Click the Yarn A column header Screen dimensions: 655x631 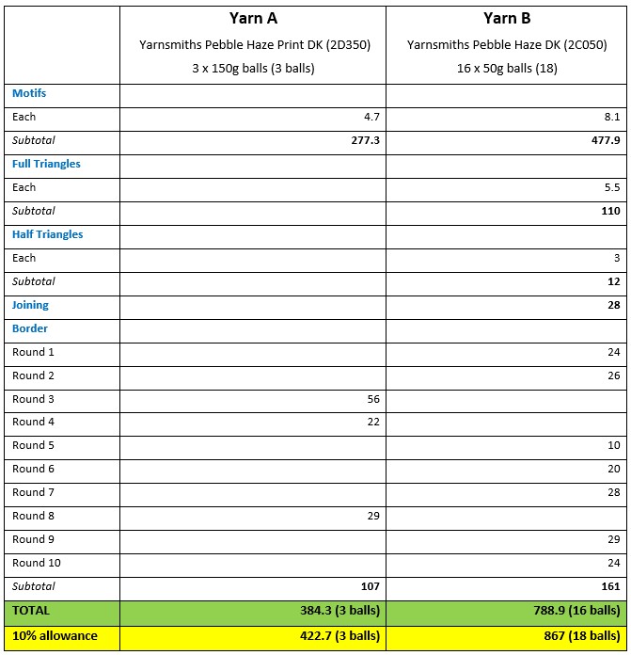(252, 18)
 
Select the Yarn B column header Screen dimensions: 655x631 (506, 18)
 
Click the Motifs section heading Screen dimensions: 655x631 (29, 93)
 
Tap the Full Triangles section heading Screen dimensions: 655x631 (46, 164)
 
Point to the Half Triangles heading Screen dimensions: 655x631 (47, 234)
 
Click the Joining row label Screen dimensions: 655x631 (30, 305)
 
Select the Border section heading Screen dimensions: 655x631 (30, 328)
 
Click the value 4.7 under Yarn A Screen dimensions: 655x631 (371, 117)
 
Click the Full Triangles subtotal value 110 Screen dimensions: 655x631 (610, 211)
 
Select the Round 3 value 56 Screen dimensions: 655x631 (372, 399)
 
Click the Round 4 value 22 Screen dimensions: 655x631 (372, 422)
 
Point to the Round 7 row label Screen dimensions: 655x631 (33, 492)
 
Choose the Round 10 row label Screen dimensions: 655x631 (36, 563)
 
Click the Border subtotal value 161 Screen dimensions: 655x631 (610, 586)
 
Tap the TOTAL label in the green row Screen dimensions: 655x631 (31, 611)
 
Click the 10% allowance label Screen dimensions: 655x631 (55, 635)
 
